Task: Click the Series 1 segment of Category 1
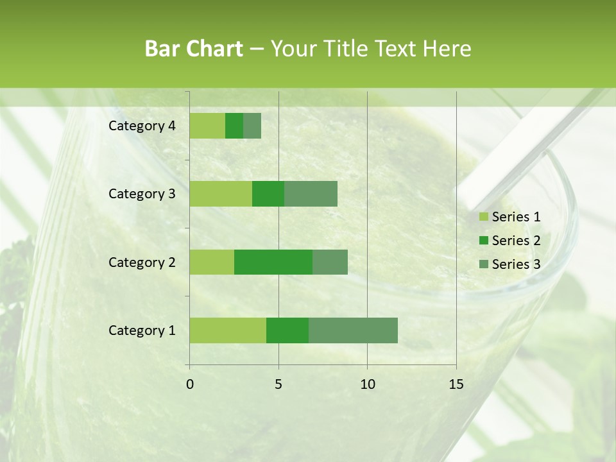tap(228, 330)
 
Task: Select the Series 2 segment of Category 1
tap(287, 330)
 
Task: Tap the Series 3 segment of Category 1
tap(353, 330)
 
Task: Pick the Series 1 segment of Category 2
tap(212, 262)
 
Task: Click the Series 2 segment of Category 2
tap(273, 262)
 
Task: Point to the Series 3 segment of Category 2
tap(330, 262)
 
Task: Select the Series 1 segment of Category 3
tap(221, 194)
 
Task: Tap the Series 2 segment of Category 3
tap(268, 194)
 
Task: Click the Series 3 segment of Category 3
tap(311, 194)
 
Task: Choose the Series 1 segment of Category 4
tap(207, 126)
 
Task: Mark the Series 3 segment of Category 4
tap(252, 126)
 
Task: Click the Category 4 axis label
tap(142, 126)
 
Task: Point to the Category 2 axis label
tap(142, 262)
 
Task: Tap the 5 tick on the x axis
tap(278, 384)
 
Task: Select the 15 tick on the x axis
tap(456, 384)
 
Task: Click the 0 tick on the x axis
tap(190, 384)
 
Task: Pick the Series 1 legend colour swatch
tap(483, 217)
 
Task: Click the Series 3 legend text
tap(516, 264)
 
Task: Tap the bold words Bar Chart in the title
tap(194, 49)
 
